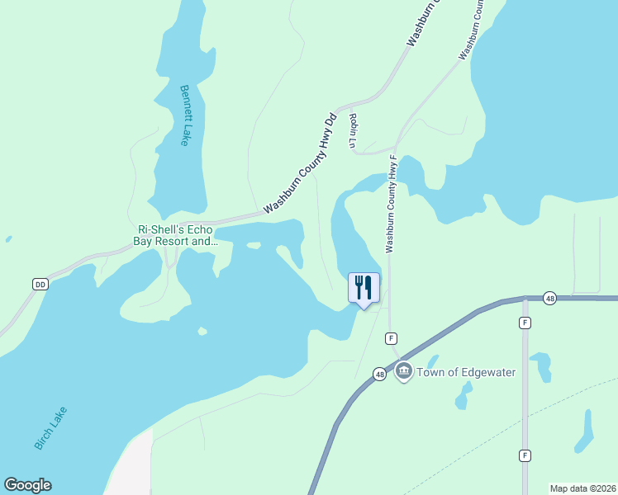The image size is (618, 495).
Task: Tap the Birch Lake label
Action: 50,428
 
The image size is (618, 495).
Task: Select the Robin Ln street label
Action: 353,132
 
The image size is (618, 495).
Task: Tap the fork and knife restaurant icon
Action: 364,288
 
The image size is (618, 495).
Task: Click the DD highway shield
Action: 40,284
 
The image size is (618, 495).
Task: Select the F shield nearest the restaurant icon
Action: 392,338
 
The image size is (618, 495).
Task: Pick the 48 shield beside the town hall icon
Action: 379,374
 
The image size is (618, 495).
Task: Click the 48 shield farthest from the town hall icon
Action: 549,297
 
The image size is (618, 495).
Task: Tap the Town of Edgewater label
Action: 466,372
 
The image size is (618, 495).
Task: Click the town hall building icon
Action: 404,372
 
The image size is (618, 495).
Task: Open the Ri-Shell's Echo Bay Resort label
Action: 175,236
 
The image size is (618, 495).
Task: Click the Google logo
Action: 27,485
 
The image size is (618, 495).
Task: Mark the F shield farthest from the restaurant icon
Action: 525,455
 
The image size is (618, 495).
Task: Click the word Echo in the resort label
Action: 199,230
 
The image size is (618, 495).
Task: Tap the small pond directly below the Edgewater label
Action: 463,398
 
